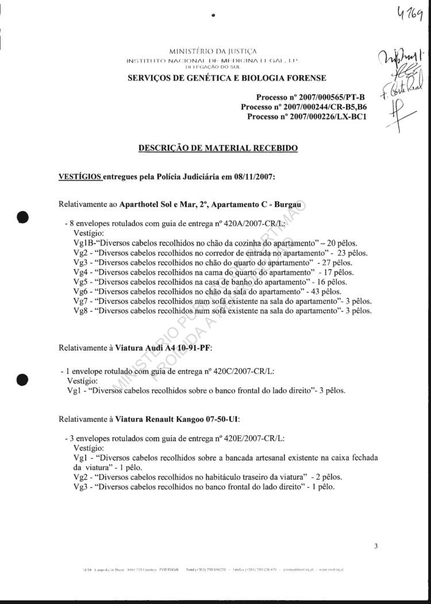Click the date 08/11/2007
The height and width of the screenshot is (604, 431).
point(252,177)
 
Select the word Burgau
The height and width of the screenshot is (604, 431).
point(290,205)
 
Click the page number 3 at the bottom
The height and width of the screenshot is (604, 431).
point(376,545)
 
